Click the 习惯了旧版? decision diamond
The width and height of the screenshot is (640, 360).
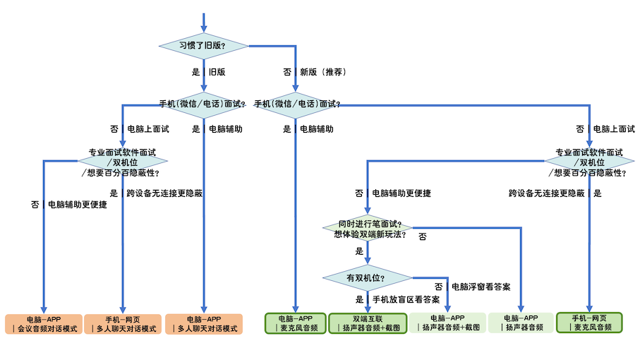tap(204, 46)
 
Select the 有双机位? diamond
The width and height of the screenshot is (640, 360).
tap(368, 278)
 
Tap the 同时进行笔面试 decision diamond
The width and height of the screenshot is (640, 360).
tap(368, 228)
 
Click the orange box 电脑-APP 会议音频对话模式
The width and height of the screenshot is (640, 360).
tap(44, 324)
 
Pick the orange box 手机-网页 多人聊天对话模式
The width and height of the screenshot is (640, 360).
tap(123, 324)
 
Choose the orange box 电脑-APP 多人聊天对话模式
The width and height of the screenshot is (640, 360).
tap(204, 324)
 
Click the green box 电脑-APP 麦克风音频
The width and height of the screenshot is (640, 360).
tap(296, 323)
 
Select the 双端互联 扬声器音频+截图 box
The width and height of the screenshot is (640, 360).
tap(368, 323)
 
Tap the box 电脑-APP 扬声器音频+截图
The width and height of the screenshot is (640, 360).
tap(447, 323)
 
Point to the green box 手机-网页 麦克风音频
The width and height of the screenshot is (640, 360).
tap(589, 323)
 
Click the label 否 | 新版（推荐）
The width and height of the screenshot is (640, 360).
tap(315, 72)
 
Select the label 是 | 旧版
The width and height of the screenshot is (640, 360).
tap(209, 72)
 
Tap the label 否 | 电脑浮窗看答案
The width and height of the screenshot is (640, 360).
tap(472, 287)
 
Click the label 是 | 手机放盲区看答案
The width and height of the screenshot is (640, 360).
tap(397, 299)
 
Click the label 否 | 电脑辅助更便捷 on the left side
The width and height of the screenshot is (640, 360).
tap(69, 205)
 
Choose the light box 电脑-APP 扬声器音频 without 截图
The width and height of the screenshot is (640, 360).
tap(521, 323)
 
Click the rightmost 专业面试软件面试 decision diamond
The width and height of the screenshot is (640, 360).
tap(589, 162)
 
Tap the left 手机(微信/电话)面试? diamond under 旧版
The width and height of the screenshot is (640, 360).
tap(203, 105)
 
